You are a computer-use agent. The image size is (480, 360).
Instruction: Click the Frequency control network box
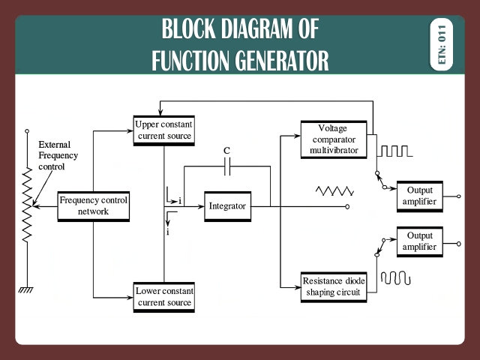[x=94, y=206]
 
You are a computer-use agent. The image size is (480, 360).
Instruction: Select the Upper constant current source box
[x=164, y=130]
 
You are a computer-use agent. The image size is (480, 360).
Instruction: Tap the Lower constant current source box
[x=164, y=297]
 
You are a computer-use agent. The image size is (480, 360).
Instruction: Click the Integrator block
[x=227, y=206]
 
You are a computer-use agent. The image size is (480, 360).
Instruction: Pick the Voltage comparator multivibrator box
[x=333, y=139]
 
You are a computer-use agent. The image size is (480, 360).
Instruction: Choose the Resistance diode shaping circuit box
[x=334, y=286]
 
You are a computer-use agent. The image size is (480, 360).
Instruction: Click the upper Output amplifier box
[x=419, y=196]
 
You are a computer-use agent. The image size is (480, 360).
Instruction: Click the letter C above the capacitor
[x=227, y=151]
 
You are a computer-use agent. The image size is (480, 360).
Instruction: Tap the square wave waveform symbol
[x=394, y=151]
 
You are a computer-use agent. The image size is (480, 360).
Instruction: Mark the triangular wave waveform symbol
[x=334, y=191]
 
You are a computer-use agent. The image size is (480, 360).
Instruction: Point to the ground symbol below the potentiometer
[x=28, y=289]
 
